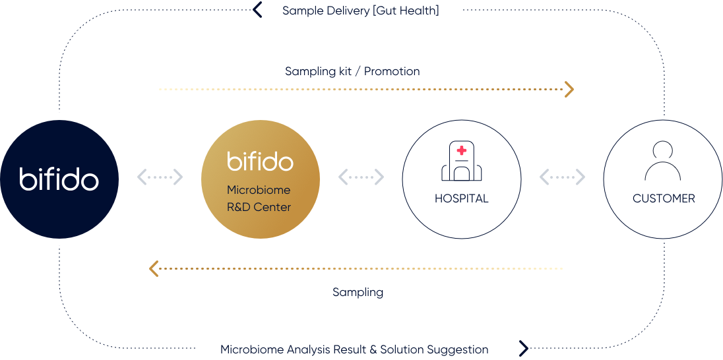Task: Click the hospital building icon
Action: coord(462,162)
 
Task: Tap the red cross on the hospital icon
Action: coord(462,150)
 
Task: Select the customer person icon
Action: coord(662,162)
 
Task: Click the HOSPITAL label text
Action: coord(462,198)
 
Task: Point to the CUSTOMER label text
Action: coord(664,198)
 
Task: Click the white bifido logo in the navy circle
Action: coord(59,179)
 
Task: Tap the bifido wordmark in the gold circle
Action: coord(261,162)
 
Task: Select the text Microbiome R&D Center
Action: coord(259,198)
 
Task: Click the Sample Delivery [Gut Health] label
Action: coord(360,11)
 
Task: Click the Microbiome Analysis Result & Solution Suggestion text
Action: coord(354,349)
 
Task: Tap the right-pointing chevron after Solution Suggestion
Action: coord(523,349)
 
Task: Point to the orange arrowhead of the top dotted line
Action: coord(569,89)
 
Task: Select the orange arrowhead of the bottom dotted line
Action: coord(154,268)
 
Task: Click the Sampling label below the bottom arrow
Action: coord(358,292)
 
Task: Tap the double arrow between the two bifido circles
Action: coord(160,177)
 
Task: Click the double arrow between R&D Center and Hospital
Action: coord(361,177)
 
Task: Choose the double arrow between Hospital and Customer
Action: coord(562,177)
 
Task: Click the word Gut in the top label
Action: coord(391,11)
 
